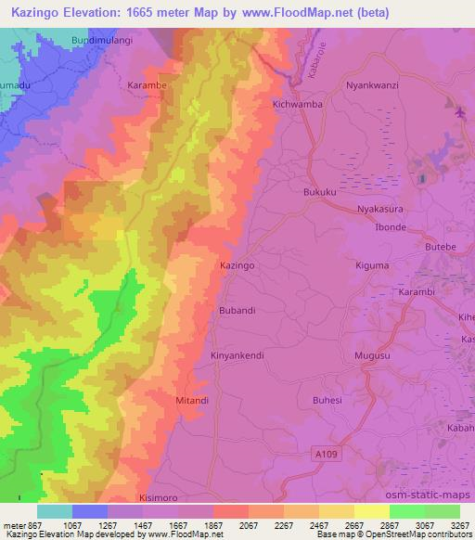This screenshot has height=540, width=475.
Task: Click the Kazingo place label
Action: [237, 265]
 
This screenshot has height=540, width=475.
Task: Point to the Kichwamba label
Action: [298, 105]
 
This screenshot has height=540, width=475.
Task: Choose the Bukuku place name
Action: [320, 192]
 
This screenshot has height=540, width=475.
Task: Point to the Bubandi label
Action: [237, 310]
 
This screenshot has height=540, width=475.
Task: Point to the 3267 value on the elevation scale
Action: [458, 525]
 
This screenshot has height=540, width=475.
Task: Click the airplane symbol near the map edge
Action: [461, 113]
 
